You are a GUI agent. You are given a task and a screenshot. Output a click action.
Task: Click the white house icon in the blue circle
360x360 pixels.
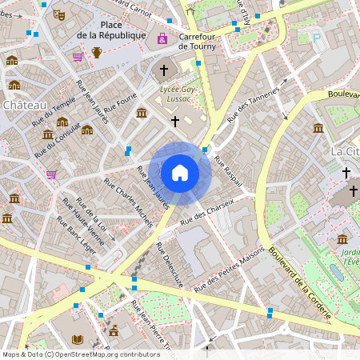tap(180, 173)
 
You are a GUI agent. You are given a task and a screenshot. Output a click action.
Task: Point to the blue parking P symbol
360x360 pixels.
tap(316, 38)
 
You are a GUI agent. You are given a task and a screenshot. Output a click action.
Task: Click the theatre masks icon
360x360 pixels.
tap(58, 14)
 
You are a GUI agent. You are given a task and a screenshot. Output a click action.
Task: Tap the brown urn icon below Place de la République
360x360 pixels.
tap(97, 53)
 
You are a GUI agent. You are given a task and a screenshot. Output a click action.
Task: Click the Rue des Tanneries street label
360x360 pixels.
tap(254, 102)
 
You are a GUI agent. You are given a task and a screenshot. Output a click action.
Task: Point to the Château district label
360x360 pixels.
tap(24, 105)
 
